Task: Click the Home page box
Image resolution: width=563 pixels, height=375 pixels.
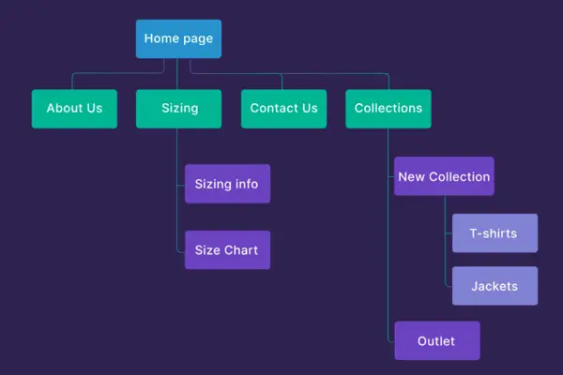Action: pyautogui.click(x=178, y=39)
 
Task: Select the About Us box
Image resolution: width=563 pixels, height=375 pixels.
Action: pyautogui.click(x=74, y=109)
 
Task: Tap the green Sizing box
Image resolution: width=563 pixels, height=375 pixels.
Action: pyautogui.click(x=178, y=109)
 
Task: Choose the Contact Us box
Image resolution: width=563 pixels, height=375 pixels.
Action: pyautogui.click(x=283, y=109)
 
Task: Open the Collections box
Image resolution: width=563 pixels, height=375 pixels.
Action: pyautogui.click(x=388, y=109)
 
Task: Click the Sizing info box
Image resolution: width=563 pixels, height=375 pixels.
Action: pyautogui.click(x=227, y=184)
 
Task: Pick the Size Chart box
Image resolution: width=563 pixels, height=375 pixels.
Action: pyautogui.click(x=227, y=250)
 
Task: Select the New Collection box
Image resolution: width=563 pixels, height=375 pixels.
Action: pyautogui.click(x=444, y=176)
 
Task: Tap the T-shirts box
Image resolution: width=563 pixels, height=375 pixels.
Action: pyautogui.click(x=495, y=233)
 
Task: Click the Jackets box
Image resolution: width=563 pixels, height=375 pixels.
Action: pyautogui.click(x=495, y=286)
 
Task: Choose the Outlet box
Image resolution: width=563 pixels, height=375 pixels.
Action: pyautogui.click(x=436, y=341)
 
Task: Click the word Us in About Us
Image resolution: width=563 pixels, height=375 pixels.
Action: pyautogui.click(x=94, y=109)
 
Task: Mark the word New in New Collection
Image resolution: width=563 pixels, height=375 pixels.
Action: pyautogui.click(x=411, y=176)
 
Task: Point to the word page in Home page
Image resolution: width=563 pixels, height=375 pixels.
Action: pyautogui.click(x=198, y=39)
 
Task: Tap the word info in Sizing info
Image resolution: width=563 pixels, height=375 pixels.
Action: pyautogui.click(x=247, y=184)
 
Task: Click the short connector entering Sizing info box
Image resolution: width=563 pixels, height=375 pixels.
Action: pyautogui.click(x=181, y=184)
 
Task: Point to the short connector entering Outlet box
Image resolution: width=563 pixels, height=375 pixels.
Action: pyautogui.click(x=391, y=341)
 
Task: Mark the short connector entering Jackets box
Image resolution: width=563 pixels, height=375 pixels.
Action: pyautogui.click(x=449, y=286)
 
